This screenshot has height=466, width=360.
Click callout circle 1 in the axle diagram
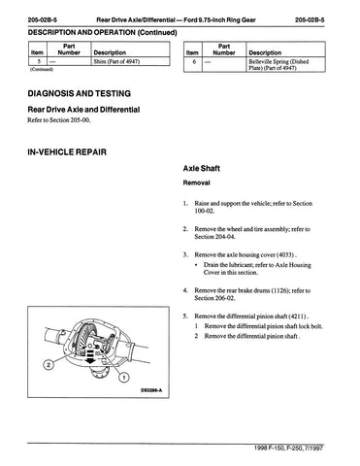coord(123,377)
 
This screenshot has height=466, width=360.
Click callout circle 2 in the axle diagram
coord(49,365)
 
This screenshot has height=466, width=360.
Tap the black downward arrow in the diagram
coord(90,356)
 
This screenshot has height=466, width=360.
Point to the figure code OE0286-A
coord(151,390)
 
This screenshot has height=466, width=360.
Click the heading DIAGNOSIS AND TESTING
coord(80,93)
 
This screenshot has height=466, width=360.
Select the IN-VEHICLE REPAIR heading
coord(67,152)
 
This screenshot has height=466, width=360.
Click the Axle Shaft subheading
coord(202,168)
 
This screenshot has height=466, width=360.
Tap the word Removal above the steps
coord(196,183)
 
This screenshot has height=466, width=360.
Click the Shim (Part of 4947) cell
coord(116,61)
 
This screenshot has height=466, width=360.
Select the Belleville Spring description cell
coord(278,64)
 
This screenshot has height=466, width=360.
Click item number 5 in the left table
coord(39,61)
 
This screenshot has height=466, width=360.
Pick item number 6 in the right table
coord(194,61)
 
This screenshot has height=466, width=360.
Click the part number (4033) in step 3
coord(285,255)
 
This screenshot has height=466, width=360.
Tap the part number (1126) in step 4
coord(279,290)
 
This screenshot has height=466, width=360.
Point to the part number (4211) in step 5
coord(298,316)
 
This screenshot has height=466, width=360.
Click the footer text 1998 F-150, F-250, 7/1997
coord(288,449)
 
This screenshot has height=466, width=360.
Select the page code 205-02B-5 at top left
coord(43,20)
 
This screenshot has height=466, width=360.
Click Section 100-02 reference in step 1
coord(253,208)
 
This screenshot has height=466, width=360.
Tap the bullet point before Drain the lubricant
coord(196,265)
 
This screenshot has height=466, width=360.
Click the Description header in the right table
coord(265,52)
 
